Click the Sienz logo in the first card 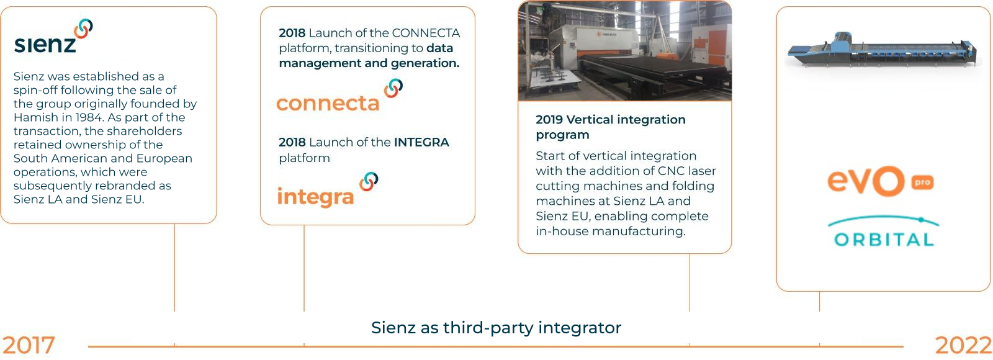point(53,37)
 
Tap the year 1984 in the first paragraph point(89,117)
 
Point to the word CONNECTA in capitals point(426,34)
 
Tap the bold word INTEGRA point(421,142)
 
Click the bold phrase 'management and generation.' point(369,63)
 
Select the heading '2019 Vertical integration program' point(611,127)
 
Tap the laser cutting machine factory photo point(624,50)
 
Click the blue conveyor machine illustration point(882,50)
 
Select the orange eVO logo point(866,181)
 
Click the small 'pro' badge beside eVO point(922,182)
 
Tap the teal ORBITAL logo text point(884,240)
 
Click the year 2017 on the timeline point(29,345)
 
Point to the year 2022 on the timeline point(963,346)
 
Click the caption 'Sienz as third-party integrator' point(496,328)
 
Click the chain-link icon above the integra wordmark point(369,181)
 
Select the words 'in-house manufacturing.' point(611,232)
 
